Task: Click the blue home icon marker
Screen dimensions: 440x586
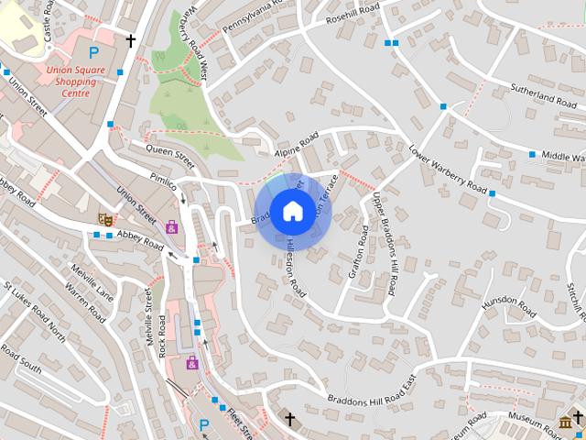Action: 292,211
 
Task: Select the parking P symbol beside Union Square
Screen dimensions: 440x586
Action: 93,52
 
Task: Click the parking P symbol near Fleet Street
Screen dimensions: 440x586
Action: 204,425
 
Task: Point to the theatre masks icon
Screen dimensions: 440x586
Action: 105,219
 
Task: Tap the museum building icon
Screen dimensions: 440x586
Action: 565,421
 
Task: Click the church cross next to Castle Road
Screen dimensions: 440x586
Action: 131,40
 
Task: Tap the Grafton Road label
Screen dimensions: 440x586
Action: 358,257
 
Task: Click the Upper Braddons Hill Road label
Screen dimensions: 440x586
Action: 383,244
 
